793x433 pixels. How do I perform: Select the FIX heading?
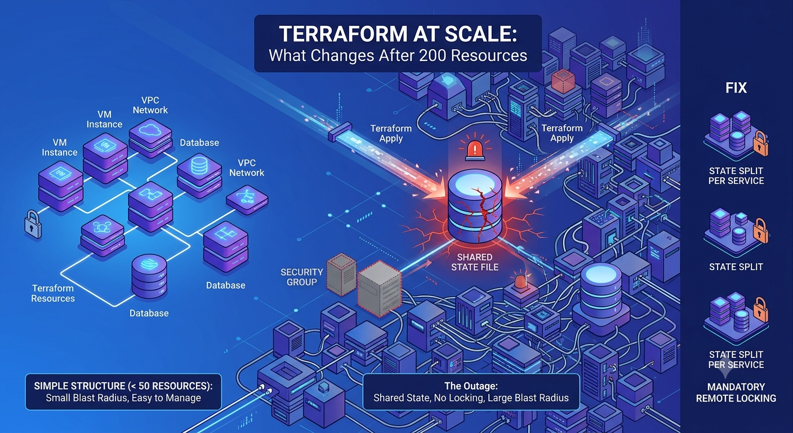[736, 88]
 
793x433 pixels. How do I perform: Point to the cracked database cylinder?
[475, 209]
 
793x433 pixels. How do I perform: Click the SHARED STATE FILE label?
[475, 262]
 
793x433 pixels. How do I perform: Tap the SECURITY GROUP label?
[302, 277]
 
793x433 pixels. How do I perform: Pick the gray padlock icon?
[33, 224]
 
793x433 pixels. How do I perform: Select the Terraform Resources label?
[53, 293]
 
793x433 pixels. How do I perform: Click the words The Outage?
[471, 386]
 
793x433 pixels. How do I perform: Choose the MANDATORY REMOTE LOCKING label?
[736, 392]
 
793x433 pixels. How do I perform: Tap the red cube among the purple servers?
[563, 81]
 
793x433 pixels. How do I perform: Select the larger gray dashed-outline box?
[380, 289]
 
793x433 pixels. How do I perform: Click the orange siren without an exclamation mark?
[521, 281]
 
